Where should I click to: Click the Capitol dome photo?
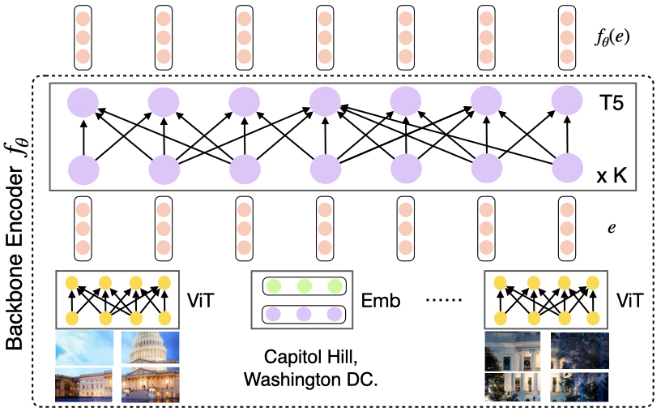pyautogui.click(x=150, y=346)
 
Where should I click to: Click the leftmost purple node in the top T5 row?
pyautogui.click(x=82, y=101)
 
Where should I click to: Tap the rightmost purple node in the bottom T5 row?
pyautogui.click(x=568, y=171)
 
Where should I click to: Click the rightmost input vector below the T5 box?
pyautogui.click(x=568, y=228)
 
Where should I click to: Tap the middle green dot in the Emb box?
pyautogui.click(x=305, y=286)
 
